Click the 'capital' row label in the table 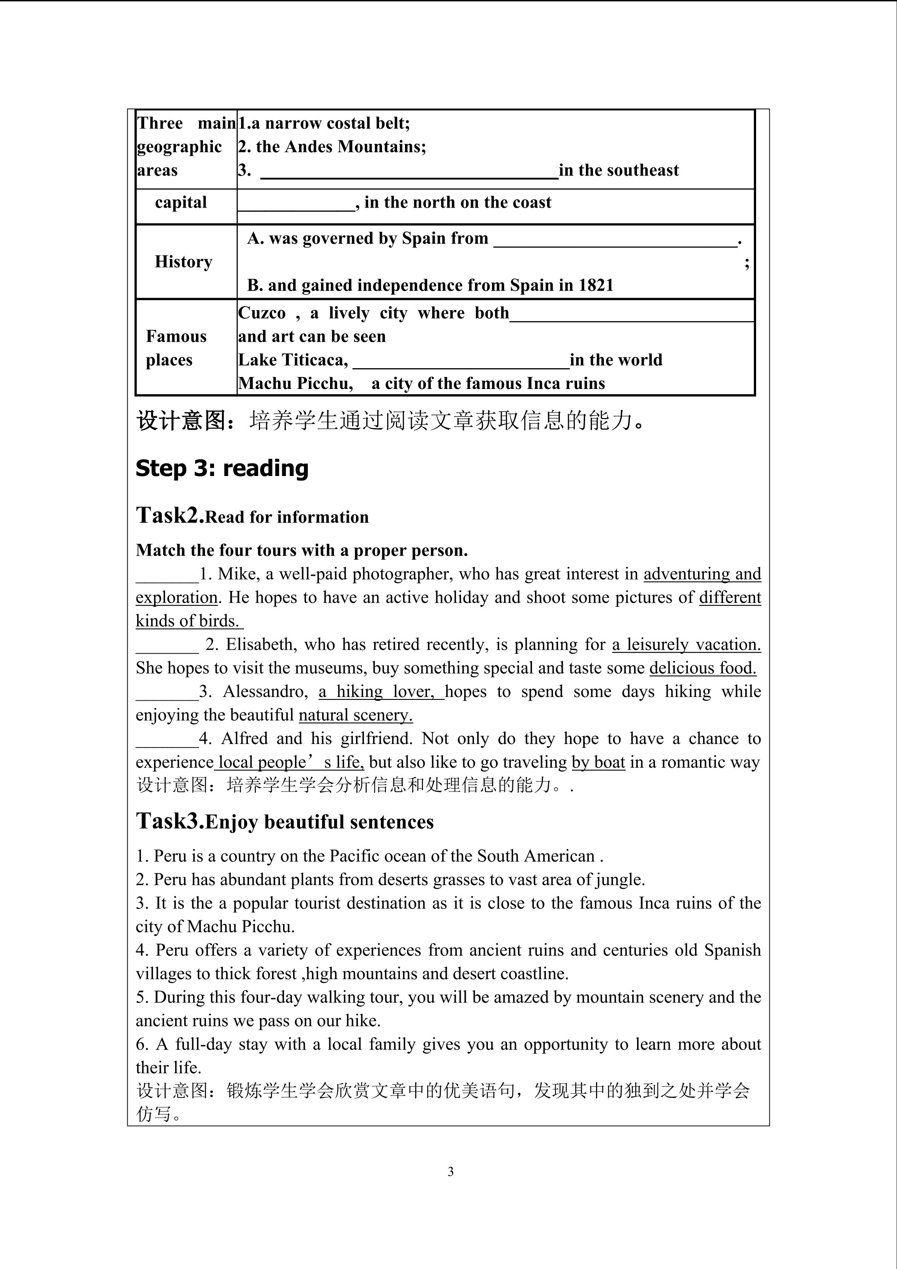(180, 203)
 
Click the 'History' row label (183, 262)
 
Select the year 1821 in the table (596, 285)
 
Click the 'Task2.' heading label (170, 515)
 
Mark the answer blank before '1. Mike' (167, 578)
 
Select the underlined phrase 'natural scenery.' (356, 715)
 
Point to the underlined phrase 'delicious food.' (703, 668)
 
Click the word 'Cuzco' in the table (262, 313)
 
